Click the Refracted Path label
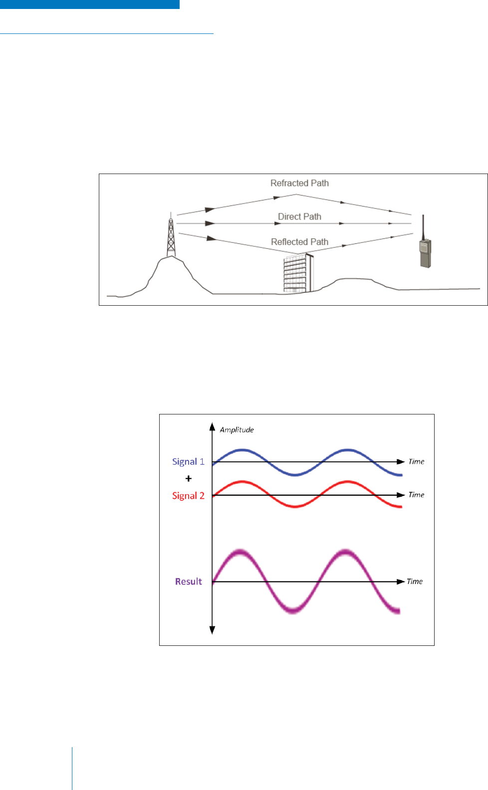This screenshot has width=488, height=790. pos(299,183)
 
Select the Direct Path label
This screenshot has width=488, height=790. pos(299,216)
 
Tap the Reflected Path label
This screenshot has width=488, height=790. pos(299,242)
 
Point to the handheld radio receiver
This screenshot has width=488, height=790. pos(425,252)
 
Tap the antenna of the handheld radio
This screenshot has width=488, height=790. pos(423,226)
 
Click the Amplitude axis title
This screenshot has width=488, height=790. pos(237,430)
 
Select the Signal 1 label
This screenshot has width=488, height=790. pos(188,462)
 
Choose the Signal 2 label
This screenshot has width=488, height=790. pos(188,496)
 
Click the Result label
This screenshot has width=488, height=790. pos(188,582)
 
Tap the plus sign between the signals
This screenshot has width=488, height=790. pos(188,479)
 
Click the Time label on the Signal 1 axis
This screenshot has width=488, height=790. pos(416,462)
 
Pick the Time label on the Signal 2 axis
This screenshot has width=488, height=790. pos(416,495)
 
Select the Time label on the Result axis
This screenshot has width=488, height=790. pos(414,582)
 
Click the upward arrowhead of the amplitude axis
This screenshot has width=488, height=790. pos(212,426)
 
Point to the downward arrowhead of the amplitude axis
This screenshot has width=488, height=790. pos(212,630)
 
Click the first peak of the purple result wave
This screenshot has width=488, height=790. pos(241,552)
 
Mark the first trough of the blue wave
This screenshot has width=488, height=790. pos(295,474)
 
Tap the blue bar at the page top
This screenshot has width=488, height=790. pos(90,4)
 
